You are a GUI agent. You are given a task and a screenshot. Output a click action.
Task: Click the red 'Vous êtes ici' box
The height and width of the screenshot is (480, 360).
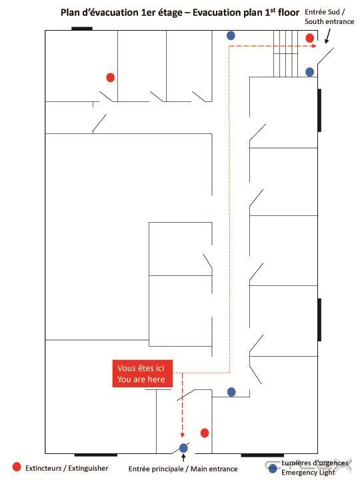pyautogui.click(x=143, y=373)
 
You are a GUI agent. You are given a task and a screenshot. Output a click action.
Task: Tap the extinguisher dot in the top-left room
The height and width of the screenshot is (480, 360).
pyautogui.click(x=111, y=77)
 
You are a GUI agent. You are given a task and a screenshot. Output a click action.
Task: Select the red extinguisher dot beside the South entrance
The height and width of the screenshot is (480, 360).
pyautogui.click(x=310, y=38)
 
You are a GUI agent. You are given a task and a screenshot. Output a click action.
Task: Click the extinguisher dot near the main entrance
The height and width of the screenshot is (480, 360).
pyautogui.click(x=205, y=433)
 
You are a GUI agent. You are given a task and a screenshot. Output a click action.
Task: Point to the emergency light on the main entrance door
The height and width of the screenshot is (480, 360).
pyautogui.click(x=183, y=448)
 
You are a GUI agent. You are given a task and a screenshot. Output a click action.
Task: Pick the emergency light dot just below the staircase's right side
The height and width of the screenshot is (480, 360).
pyautogui.click(x=309, y=72)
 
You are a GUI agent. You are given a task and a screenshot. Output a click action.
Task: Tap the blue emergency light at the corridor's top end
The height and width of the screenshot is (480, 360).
pyautogui.click(x=231, y=35)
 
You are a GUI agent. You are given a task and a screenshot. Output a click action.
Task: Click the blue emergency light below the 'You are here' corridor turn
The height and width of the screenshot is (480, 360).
pyautogui.click(x=231, y=392)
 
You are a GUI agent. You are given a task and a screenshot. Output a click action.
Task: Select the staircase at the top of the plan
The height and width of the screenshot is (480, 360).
pyautogui.click(x=285, y=53)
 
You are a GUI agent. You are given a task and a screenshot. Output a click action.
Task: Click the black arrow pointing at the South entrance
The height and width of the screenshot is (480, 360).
pyautogui.click(x=327, y=36)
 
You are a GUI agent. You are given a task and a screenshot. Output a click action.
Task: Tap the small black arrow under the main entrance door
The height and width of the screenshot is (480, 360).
pyautogui.click(x=183, y=457)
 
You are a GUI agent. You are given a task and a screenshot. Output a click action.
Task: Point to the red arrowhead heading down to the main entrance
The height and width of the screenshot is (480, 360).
pyautogui.click(x=183, y=435)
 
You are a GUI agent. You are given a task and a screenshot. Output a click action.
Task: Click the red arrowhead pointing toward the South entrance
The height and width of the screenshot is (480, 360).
pyautogui.click(x=314, y=46)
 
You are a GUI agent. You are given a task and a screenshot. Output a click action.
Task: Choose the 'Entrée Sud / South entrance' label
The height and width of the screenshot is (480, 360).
pyautogui.click(x=329, y=17)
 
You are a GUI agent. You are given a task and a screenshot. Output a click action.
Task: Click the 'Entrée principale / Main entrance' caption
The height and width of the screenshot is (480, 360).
pyautogui.click(x=183, y=469)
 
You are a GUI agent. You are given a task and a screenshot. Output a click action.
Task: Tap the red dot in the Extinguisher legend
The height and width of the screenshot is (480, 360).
pyautogui.click(x=17, y=467)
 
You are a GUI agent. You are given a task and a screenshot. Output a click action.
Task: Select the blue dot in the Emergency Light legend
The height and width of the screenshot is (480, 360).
pyautogui.click(x=273, y=469)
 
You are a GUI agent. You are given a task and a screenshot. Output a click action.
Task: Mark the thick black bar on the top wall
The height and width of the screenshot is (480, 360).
pyautogui.click(x=82, y=29)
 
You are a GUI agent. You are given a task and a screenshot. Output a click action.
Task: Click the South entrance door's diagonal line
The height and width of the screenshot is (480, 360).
pyautogui.click(x=325, y=56)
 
